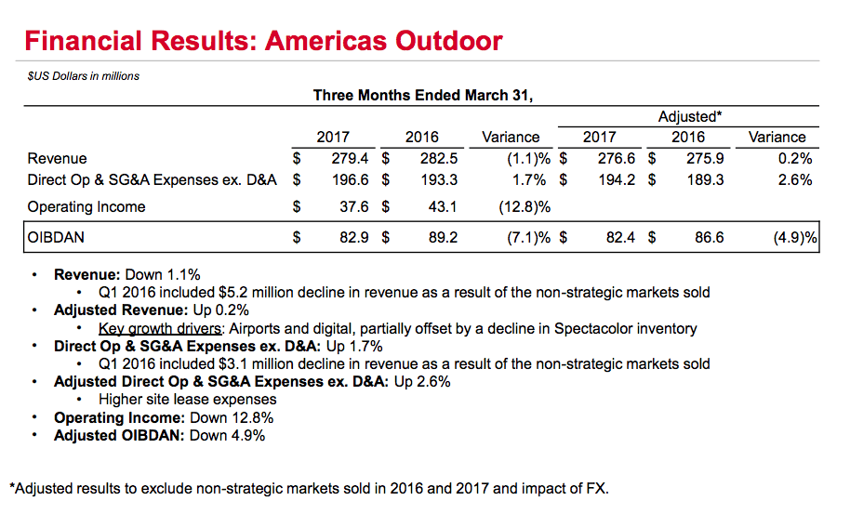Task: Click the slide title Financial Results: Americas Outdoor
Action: click(x=263, y=41)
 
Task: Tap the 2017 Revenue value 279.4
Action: click(x=350, y=159)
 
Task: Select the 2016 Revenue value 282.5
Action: click(x=439, y=159)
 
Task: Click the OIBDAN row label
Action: click(x=56, y=238)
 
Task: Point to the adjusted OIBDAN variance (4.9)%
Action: click(x=794, y=238)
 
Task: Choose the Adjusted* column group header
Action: click(x=689, y=117)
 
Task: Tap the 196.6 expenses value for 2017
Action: click(x=350, y=179)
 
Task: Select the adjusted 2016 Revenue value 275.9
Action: click(x=705, y=159)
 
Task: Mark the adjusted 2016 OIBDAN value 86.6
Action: click(x=709, y=238)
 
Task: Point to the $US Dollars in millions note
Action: click(x=84, y=75)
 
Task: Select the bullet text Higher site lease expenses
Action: click(x=187, y=400)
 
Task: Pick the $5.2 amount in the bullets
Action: click(x=238, y=293)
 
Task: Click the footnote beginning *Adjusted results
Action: click(x=309, y=488)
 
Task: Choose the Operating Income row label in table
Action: click(x=86, y=206)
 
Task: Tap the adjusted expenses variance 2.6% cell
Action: click(x=795, y=179)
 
